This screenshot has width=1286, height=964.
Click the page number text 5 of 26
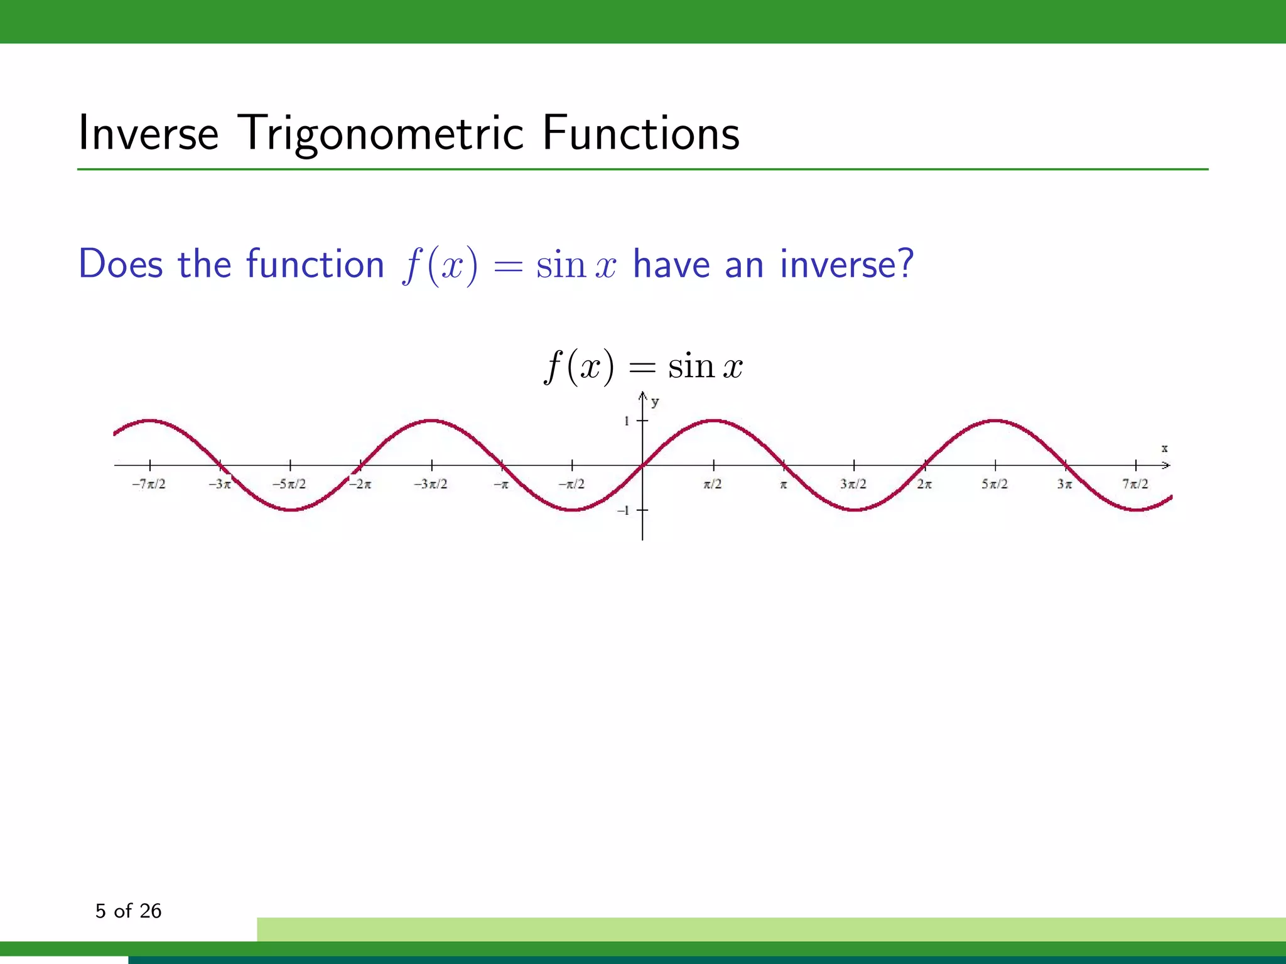pos(128,911)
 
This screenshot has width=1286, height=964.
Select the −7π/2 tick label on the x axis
pos(149,484)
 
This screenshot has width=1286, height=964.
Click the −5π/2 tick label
pos(289,484)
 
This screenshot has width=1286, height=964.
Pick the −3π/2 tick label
pos(431,484)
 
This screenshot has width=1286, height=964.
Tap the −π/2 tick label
pos(571,484)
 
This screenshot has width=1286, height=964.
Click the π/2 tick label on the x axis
pos(713,484)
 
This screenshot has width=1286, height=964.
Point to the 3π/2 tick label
pos(853,484)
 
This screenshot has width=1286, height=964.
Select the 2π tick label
pos(924,484)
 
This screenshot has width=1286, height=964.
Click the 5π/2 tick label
pos(995,484)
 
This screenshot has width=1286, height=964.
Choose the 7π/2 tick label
pos(1135,484)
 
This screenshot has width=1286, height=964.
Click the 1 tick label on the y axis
pos(627,421)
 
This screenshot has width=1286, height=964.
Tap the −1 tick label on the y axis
pos(624,511)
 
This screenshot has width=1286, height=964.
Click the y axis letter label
pos(655,402)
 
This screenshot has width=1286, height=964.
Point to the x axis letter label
pos(1164,448)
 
